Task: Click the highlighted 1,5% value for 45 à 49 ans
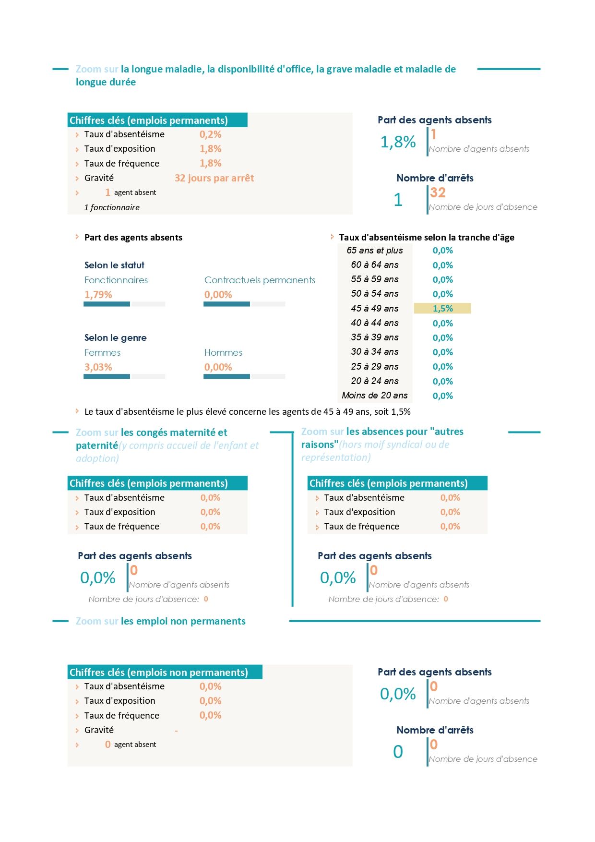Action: click(442, 308)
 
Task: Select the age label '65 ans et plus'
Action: click(375, 250)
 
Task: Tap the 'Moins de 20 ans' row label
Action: click(375, 395)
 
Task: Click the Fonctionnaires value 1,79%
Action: click(98, 294)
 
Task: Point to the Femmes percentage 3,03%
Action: click(98, 367)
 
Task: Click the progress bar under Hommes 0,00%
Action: click(244, 376)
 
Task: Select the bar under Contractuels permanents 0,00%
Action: click(244, 304)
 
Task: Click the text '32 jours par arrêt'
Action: click(214, 178)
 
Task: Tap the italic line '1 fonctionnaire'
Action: click(112, 207)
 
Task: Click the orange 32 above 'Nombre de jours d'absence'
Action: click(438, 192)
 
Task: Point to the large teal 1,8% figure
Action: click(398, 142)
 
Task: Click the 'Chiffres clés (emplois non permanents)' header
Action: click(159, 672)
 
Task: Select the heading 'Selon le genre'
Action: click(116, 337)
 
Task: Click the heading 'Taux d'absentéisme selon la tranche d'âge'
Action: click(427, 237)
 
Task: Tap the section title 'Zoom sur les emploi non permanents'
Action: click(161, 621)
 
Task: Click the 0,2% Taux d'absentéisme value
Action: click(211, 134)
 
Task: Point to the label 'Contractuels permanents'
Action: click(260, 280)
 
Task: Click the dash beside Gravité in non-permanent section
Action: click(177, 731)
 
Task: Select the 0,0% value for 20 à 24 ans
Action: click(442, 381)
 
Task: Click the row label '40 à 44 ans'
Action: click(375, 323)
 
